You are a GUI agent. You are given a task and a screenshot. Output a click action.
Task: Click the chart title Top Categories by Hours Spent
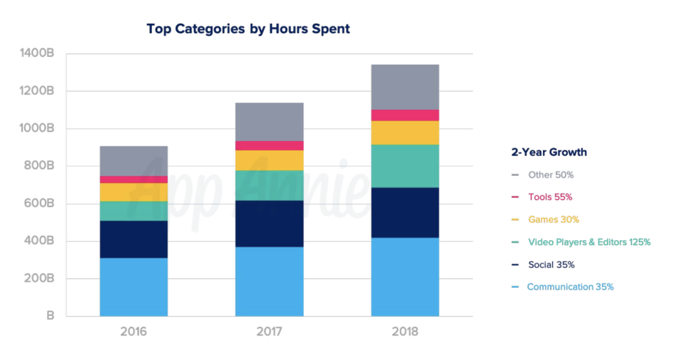tap(247, 29)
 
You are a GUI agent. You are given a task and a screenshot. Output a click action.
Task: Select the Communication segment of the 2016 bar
tap(133, 286)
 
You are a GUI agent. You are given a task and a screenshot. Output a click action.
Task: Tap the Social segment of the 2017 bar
tap(269, 223)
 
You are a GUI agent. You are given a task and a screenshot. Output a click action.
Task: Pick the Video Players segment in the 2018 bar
tap(404, 166)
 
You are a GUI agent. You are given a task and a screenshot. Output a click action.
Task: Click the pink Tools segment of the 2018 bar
tap(404, 115)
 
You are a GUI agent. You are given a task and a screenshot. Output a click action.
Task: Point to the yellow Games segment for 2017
tap(269, 160)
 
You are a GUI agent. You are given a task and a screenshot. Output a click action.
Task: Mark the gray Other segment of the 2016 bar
tap(133, 161)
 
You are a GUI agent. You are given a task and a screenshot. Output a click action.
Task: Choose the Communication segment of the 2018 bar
tap(404, 276)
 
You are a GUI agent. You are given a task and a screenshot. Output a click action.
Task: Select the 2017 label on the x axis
tap(269, 331)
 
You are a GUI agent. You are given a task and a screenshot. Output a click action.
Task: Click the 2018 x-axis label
tap(404, 331)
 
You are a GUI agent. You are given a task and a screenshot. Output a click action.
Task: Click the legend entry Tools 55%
tap(550, 197)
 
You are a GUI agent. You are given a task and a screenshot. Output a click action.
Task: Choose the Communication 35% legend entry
tap(570, 287)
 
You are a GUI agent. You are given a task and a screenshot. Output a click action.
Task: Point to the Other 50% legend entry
tap(550, 175)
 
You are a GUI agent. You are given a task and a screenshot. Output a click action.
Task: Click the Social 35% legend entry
tap(551, 265)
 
